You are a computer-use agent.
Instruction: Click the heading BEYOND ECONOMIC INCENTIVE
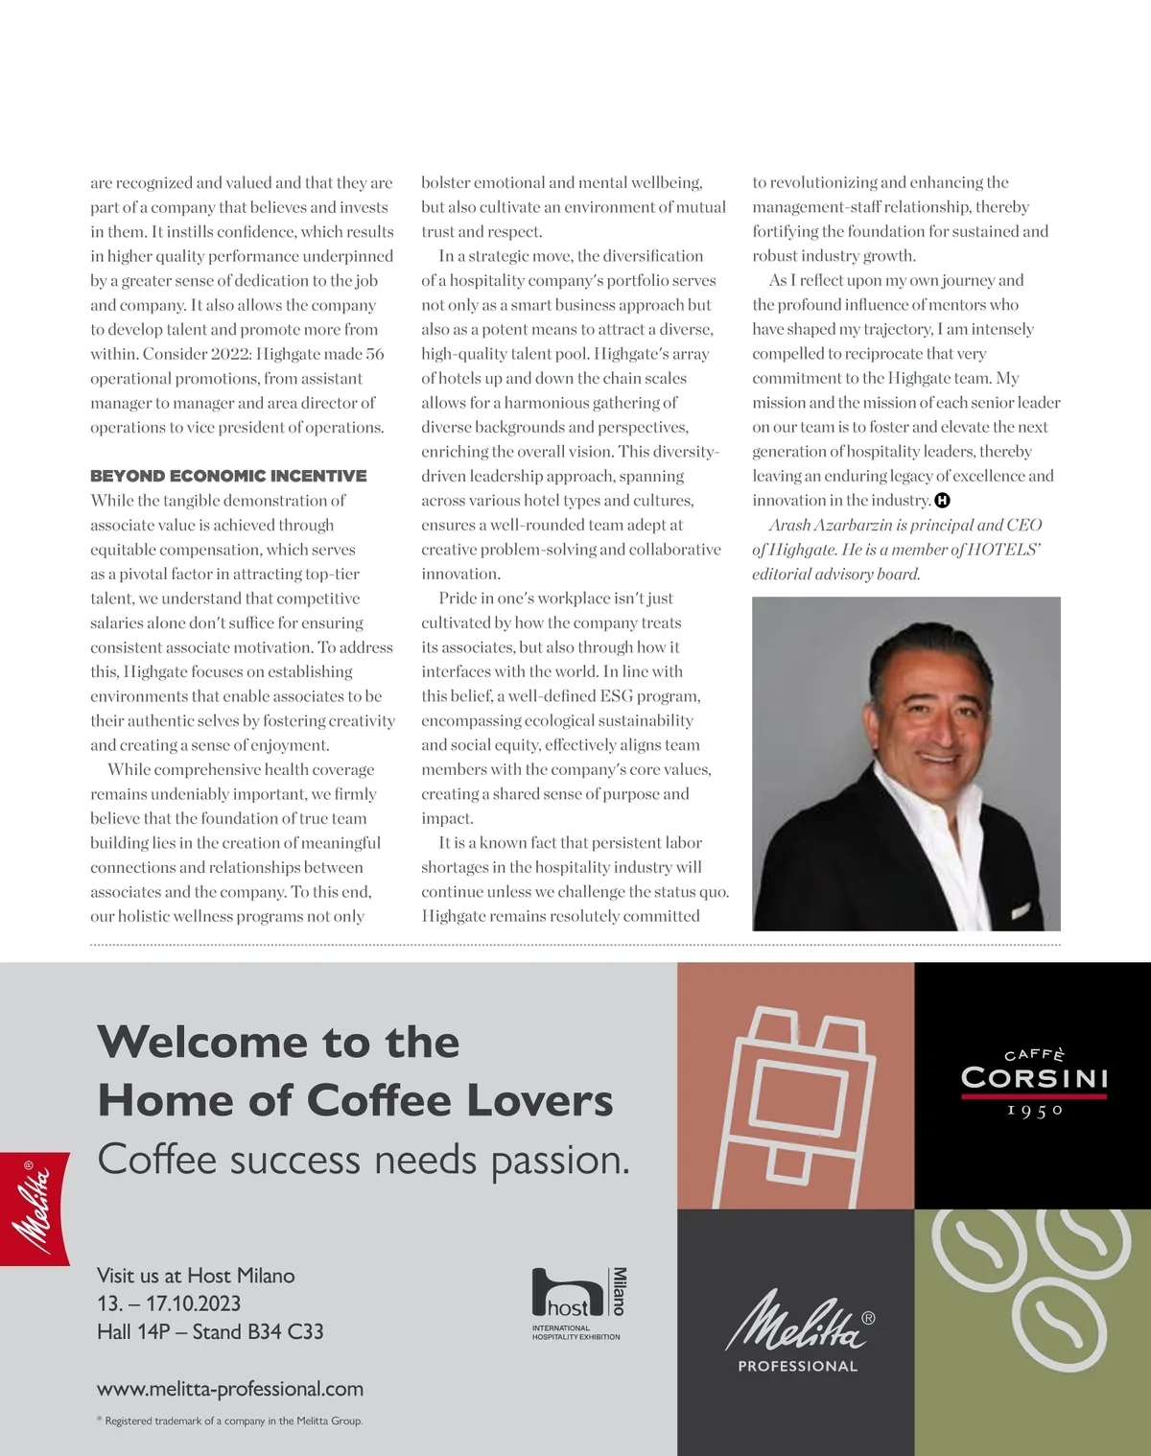pos(228,476)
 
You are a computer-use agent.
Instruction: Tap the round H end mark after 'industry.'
pos(942,500)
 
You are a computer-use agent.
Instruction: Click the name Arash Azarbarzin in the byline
pos(831,525)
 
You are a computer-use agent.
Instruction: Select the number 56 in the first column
pos(374,354)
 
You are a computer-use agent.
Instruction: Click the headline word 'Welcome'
pos(204,1042)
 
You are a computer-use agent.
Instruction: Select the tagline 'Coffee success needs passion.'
pos(364,1160)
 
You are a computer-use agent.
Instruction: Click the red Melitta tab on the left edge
pos(35,1209)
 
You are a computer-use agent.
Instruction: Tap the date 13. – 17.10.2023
pos(169,1303)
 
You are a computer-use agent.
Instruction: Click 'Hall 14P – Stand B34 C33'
pos(210,1331)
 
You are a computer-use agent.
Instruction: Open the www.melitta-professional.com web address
pos(230,1389)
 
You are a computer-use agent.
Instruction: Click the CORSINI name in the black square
pos(1034,1078)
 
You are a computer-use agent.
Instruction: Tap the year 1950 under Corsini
pos(1035,1111)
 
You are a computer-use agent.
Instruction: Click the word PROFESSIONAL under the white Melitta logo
pos(797,1366)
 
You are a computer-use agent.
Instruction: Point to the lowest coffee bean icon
pos(1058,1324)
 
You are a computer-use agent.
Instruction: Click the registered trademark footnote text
pos(233,1421)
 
